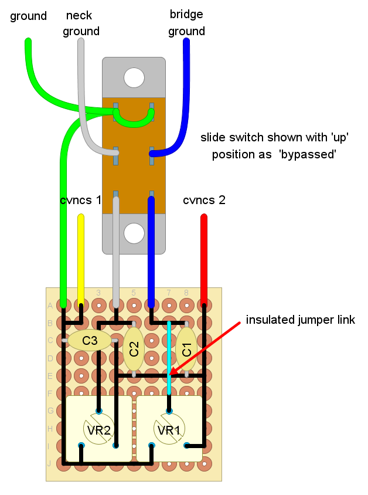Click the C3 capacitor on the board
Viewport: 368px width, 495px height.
pos(90,340)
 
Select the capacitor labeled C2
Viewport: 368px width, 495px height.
pos(134,349)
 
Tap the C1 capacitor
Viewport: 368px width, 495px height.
pos(186,349)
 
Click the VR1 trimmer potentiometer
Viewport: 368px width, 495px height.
pos(169,429)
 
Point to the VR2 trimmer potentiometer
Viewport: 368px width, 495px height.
pos(99,429)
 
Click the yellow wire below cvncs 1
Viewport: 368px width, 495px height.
pos(81,260)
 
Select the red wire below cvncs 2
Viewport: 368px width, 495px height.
pos(204,260)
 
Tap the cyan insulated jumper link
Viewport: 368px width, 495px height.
pos(169,358)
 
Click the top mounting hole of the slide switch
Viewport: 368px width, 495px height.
pos(134,77)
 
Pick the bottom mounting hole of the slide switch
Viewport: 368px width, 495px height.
pos(134,233)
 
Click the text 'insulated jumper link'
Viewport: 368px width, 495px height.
pos(300,320)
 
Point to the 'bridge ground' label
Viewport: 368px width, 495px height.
pos(186,23)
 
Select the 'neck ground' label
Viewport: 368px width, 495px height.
pos(81,23)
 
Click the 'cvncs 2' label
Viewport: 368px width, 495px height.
pos(204,200)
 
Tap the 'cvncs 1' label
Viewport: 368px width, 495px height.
pos(81,200)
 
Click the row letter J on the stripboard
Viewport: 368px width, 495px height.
pos(49,464)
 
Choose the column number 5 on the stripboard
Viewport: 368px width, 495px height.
pos(134,293)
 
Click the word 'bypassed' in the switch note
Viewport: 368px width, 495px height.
pos(308,154)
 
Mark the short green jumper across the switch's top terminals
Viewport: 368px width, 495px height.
pos(134,118)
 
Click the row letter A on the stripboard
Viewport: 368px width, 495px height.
pos(50,306)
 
